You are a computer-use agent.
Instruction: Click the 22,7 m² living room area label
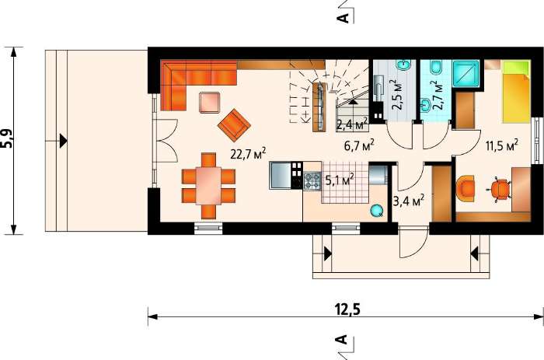pyautogui.click(x=249, y=153)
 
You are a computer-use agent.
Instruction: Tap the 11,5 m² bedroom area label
pyautogui.click(x=502, y=145)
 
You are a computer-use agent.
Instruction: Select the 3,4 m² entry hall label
pyautogui.click(x=409, y=201)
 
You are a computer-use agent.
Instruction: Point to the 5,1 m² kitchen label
pyautogui.click(x=340, y=179)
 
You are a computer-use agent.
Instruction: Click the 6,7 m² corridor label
pyautogui.click(x=359, y=145)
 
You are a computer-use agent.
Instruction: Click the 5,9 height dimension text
pyautogui.click(x=7, y=139)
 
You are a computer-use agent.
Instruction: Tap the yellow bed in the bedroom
pyautogui.click(x=517, y=92)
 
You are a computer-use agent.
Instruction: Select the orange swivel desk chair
pyautogui.click(x=500, y=190)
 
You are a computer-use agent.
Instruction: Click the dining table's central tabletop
pyautogui.click(x=208, y=186)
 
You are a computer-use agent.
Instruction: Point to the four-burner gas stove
pyautogui.click(x=312, y=181)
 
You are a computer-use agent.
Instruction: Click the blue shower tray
pyautogui.click(x=466, y=73)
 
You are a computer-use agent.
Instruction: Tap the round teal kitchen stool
pyautogui.click(x=377, y=211)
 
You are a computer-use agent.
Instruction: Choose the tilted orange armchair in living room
pyautogui.click(x=234, y=125)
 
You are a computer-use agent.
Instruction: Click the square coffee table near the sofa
pyautogui.click(x=209, y=102)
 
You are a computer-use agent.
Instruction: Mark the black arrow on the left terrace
pyautogui.click(x=63, y=141)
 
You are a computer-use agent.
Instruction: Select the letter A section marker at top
pyautogui.click(x=343, y=18)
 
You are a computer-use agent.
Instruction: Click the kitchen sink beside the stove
pyautogui.click(x=281, y=175)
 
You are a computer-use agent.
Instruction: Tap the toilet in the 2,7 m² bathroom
pyautogui.click(x=435, y=68)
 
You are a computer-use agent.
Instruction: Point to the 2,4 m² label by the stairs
pyautogui.click(x=352, y=124)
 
